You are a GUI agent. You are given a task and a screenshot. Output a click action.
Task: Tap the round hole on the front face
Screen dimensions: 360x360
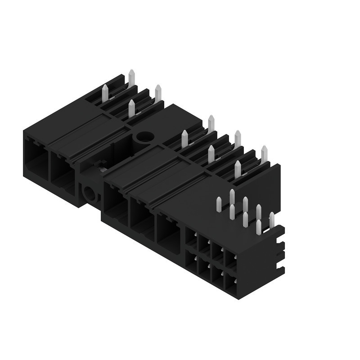point(90,194)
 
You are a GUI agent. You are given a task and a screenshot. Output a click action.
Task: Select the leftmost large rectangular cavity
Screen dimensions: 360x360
point(35,159)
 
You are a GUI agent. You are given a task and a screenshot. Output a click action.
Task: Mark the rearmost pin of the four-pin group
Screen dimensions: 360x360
point(131,77)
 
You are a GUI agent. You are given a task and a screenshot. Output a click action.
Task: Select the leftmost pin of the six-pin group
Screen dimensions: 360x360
point(184,138)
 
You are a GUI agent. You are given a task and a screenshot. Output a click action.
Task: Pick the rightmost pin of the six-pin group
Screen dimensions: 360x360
point(264,154)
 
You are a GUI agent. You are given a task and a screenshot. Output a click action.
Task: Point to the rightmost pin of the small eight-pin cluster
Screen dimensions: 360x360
point(272,220)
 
